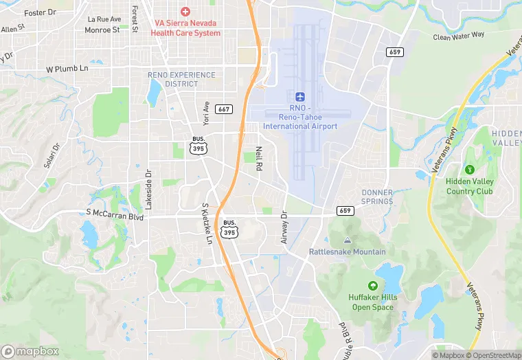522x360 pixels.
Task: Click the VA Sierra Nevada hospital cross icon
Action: [x=184, y=12]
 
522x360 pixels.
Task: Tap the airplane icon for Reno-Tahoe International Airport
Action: [x=300, y=98]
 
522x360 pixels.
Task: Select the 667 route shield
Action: [x=223, y=109]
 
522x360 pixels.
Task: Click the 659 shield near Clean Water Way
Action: [x=394, y=52]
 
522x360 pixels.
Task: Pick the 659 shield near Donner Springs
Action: [x=345, y=210]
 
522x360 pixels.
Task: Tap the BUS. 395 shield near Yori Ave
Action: [x=198, y=145]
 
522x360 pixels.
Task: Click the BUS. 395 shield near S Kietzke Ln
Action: [x=229, y=229]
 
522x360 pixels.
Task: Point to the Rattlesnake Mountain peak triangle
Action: [x=347, y=240]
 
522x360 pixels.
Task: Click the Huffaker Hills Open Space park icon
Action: [x=372, y=285]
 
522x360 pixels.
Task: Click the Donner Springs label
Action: [x=377, y=197]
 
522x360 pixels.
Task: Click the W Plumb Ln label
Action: [x=67, y=69]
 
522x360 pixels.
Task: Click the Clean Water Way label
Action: [x=459, y=35]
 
